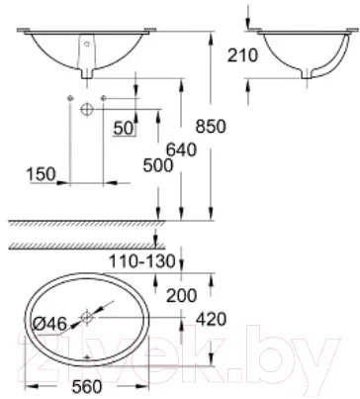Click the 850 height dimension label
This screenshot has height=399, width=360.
click(211, 127)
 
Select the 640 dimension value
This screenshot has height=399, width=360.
click(181, 150)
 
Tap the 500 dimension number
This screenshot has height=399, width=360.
click(158, 165)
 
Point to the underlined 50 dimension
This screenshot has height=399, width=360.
click(124, 128)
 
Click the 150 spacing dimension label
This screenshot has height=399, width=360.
click(42, 174)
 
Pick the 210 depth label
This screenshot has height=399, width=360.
click(243, 55)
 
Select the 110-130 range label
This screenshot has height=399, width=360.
click(142, 261)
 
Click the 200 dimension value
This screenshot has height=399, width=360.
click(182, 295)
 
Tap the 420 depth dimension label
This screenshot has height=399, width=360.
click(212, 319)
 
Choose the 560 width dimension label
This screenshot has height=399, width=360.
click(87, 386)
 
